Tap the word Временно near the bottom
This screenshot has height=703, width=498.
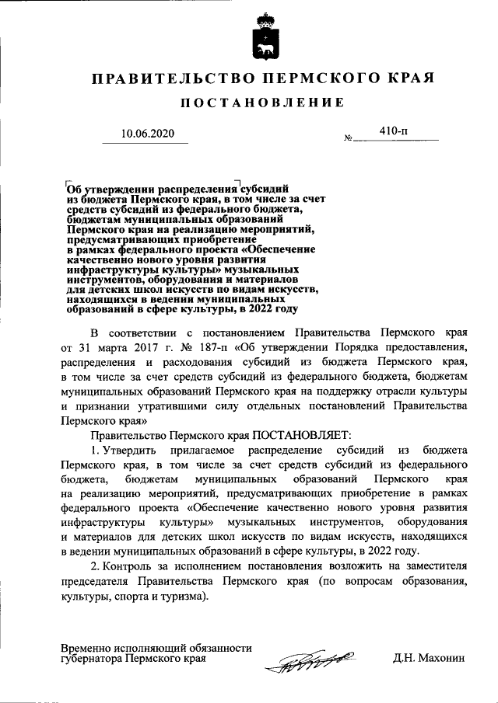pos(86,647)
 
